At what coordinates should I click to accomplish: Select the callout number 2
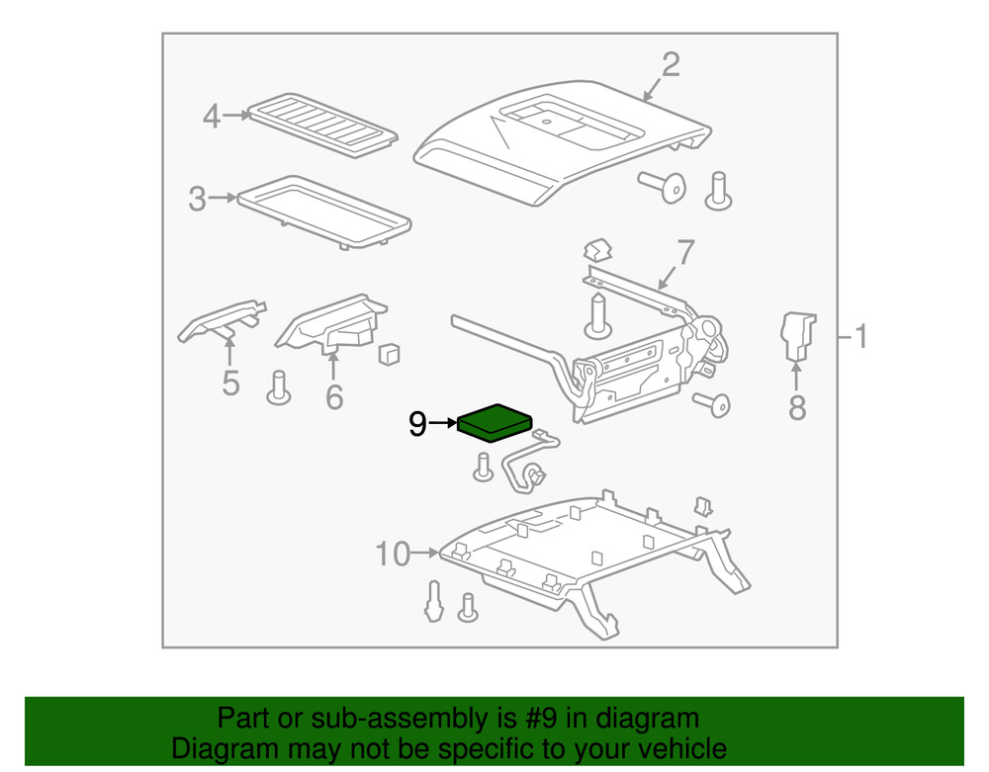671,65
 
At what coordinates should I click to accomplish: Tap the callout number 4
211,117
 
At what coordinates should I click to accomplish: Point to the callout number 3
198,200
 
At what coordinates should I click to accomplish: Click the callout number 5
230,383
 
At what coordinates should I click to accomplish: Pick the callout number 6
334,397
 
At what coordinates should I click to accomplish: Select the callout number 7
685,253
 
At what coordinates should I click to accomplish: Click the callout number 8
797,406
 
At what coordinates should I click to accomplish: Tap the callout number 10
393,555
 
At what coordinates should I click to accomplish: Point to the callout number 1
861,337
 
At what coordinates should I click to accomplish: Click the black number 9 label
417,425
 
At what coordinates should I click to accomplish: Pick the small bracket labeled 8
797,335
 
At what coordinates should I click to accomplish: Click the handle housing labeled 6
331,322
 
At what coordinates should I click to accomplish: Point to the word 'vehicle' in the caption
673,749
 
